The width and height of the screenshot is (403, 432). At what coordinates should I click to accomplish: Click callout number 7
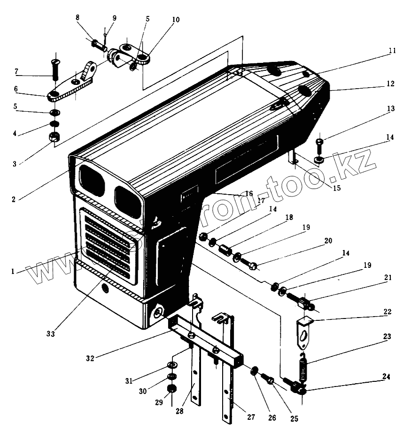16,72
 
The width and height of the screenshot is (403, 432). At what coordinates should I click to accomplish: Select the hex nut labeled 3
54,137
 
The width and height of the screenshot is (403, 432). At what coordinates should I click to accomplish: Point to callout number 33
51,334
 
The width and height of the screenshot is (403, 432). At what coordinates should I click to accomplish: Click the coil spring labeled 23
303,366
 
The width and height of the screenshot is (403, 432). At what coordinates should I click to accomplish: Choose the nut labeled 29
172,389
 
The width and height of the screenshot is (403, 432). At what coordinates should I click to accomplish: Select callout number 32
90,358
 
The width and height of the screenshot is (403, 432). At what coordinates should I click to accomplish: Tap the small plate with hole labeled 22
304,332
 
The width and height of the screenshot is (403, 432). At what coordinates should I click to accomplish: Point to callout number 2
14,199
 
